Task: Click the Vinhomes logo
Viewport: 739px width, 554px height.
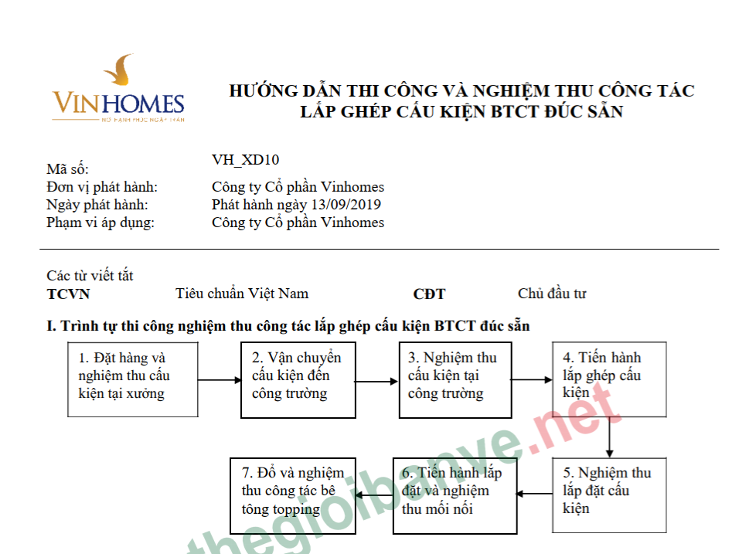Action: [x=117, y=90]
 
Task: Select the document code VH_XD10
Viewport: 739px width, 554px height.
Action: [x=245, y=160]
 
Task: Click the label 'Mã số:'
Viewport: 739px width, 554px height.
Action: [x=68, y=169]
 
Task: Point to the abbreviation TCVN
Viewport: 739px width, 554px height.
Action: [x=69, y=294]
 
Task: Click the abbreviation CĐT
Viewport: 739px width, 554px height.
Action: [x=429, y=294]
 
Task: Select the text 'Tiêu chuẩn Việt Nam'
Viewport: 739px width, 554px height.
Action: [x=242, y=294]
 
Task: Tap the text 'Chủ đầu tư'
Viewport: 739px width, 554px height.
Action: [x=552, y=294]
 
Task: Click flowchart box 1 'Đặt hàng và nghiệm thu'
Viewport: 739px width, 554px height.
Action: [x=132, y=379]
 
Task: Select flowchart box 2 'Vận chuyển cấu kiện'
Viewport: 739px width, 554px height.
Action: [x=298, y=379]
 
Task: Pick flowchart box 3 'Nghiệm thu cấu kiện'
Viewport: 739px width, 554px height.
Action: [x=455, y=379]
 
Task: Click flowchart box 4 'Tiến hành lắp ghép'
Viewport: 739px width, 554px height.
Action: [x=609, y=379]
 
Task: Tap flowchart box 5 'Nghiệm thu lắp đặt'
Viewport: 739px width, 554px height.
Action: [x=609, y=495]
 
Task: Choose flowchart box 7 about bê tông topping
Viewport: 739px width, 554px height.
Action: [x=293, y=495]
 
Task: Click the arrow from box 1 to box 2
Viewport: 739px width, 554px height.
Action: [x=219, y=380]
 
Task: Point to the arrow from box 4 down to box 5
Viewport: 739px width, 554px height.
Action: [x=610, y=437]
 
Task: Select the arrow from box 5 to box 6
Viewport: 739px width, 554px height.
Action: [x=534, y=493]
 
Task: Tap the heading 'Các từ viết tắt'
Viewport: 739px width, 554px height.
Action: [x=90, y=275]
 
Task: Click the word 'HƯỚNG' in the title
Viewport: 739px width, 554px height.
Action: [x=264, y=91]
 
